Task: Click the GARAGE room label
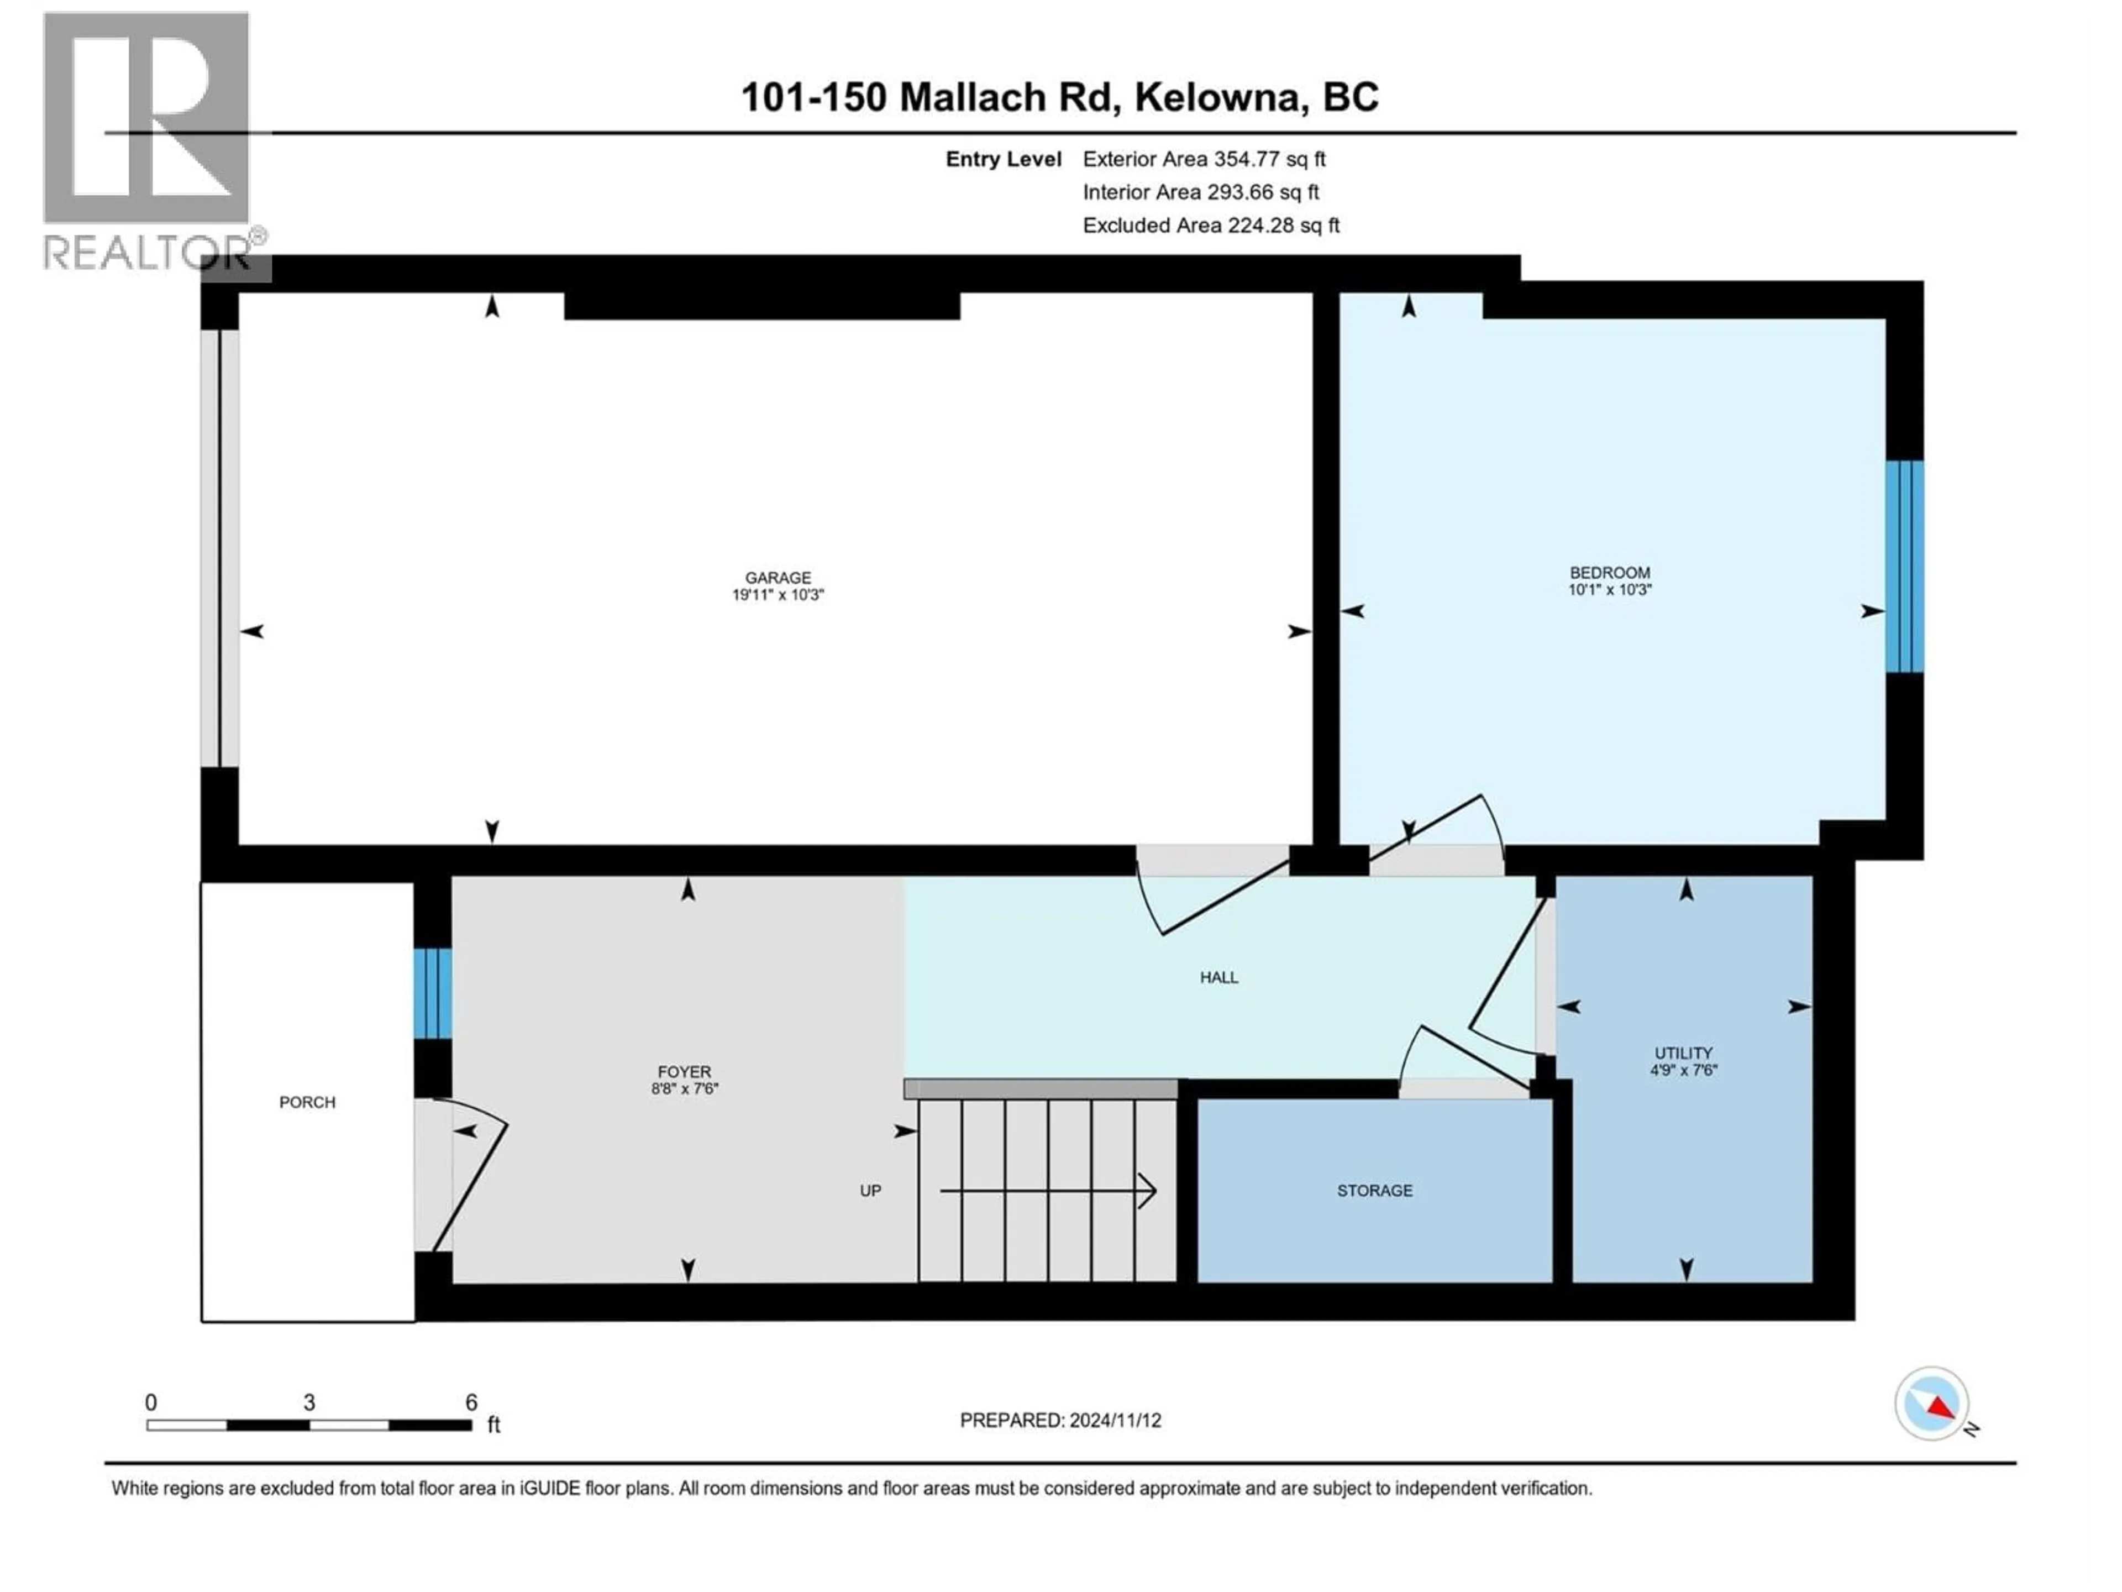pyautogui.click(x=778, y=578)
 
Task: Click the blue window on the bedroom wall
pyautogui.click(x=1904, y=566)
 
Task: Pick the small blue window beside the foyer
pyautogui.click(x=433, y=993)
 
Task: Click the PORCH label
pyautogui.click(x=307, y=1103)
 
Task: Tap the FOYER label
pyautogui.click(x=684, y=1072)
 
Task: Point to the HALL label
pyautogui.click(x=1218, y=978)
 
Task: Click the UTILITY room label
pyautogui.click(x=1683, y=1052)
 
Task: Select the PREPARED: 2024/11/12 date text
pyautogui.click(x=1060, y=1420)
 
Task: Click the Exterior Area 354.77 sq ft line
pyautogui.click(x=1204, y=159)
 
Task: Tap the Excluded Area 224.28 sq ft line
pyautogui.click(x=1211, y=226)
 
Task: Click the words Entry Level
pyautogui.click(x=1004, y=159)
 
